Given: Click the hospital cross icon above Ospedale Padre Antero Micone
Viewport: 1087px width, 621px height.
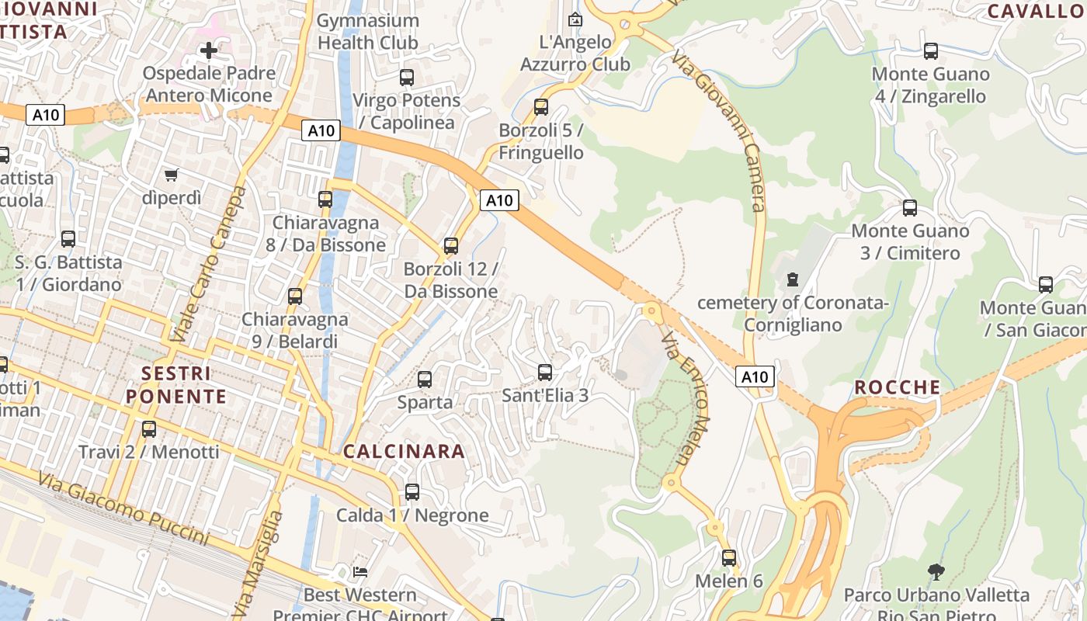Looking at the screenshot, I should pos(208,50).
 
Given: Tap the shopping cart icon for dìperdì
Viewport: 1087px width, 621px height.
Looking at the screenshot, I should pos(171,175).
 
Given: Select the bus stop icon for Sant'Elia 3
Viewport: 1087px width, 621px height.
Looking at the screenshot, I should pos(545,373).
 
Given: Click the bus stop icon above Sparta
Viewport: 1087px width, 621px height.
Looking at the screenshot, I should pos(425,380).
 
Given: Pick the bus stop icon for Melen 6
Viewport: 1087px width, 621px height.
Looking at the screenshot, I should pos(729,558).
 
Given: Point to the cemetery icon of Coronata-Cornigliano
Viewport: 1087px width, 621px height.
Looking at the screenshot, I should pos(793,279).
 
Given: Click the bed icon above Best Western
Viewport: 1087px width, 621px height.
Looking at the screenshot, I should pos(360,572).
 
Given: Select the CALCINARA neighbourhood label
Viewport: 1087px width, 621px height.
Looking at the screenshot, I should pos(404,452).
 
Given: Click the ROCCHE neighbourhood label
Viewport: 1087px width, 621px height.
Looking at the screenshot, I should pos(898,387).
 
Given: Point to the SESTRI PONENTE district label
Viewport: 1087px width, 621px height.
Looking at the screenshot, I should pos(176,385).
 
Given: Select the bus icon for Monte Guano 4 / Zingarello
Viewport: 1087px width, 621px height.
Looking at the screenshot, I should pos(930,51).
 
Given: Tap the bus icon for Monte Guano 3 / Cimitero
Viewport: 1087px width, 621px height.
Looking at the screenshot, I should pos(909,208).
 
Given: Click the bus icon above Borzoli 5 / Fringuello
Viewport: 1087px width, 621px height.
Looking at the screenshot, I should pos(541,107).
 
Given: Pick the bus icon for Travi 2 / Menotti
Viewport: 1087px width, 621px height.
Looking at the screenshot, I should pos(148,428).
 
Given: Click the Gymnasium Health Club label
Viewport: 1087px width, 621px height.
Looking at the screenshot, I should pos(368,32).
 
